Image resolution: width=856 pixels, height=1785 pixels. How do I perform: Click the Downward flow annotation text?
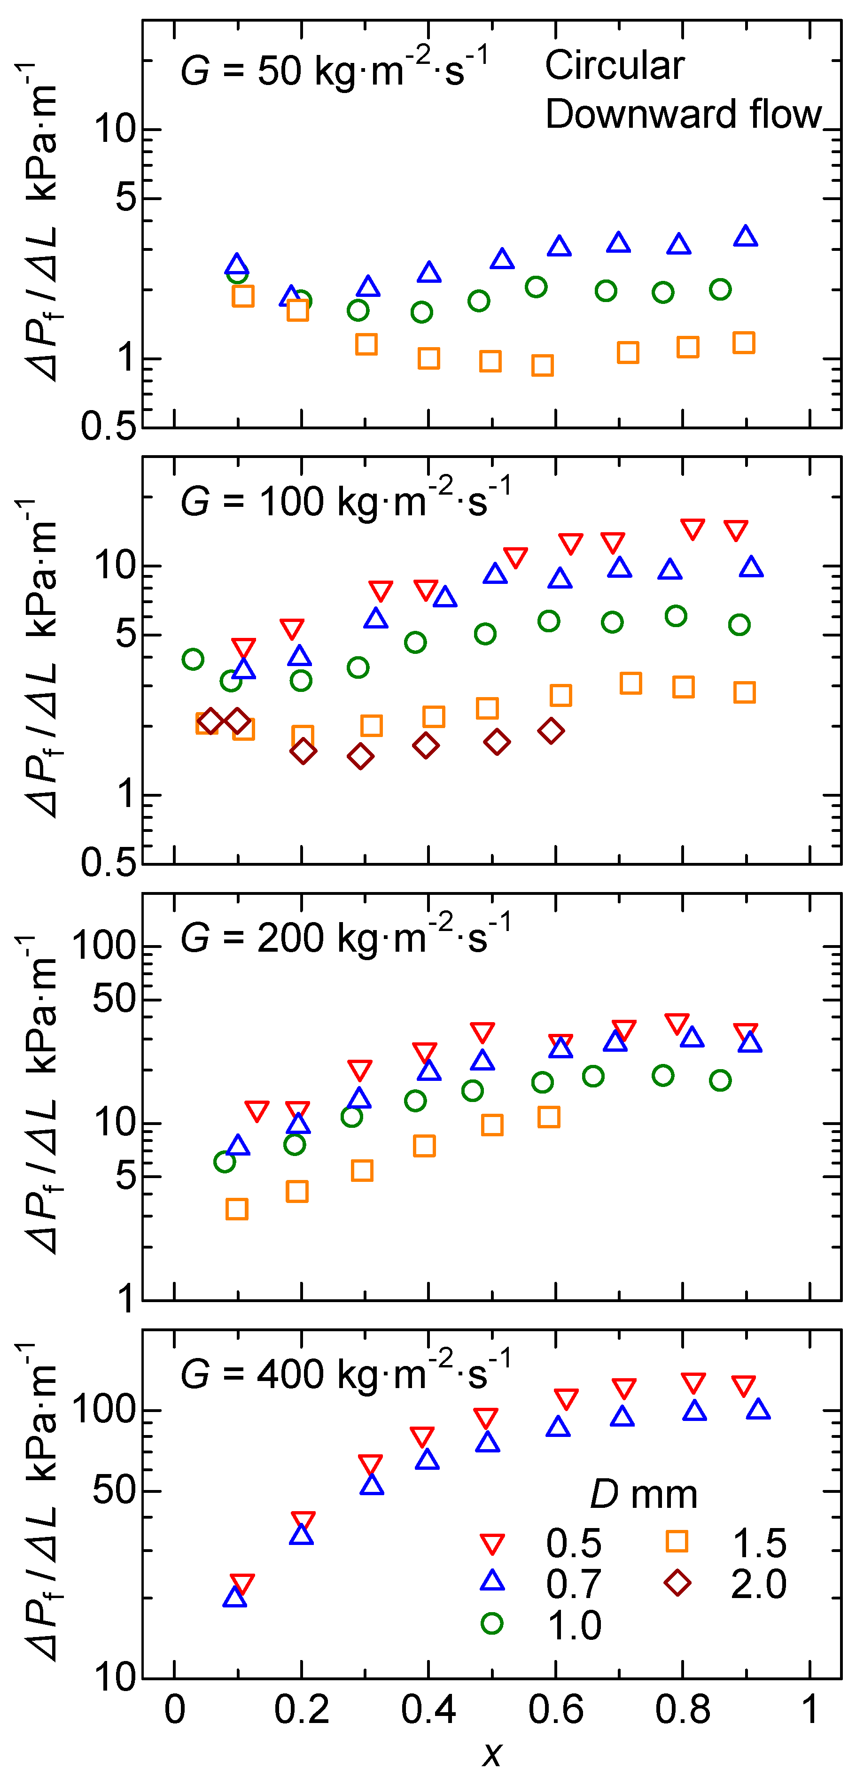tap(683, 114)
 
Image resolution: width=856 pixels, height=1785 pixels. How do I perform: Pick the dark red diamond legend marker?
tap(677, 1583)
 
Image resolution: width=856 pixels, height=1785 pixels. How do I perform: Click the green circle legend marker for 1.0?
tap(491, 1623)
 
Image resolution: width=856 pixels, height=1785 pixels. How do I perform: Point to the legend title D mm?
tap(643, 1495)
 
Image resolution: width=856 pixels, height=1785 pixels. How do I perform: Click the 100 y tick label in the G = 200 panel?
tap(105, 946)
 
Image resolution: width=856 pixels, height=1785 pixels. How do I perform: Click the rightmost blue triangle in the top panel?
tap(745, 236)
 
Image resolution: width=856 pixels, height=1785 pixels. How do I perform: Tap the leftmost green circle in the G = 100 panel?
tap(193, 659)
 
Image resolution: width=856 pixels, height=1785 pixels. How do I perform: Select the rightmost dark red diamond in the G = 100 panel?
tap(551, 730)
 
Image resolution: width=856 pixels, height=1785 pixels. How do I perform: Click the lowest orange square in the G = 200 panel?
tap(237, 1209)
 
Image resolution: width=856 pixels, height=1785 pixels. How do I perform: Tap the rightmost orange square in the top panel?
tap(744, 343)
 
